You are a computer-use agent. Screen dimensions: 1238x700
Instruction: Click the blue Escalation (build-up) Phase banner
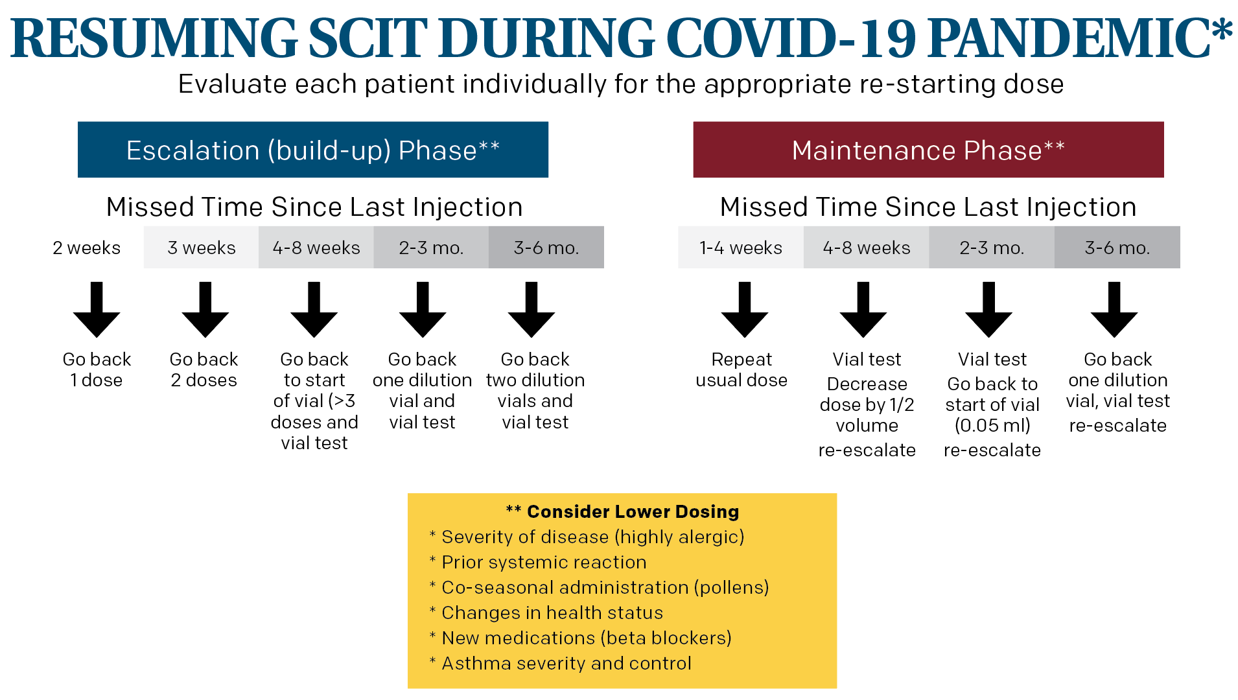pos(312,150)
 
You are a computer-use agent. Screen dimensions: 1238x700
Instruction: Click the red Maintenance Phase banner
pos(928,150)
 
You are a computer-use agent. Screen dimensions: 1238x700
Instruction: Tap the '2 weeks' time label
pos(86,248)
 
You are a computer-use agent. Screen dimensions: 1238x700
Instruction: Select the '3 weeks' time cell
pos(201,248)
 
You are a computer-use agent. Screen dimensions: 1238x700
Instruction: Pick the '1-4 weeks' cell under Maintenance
pos(741,248)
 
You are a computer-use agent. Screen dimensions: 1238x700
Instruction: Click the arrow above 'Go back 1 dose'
pos(97,310)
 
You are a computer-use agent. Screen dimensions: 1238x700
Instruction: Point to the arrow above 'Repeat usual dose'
pos(745,310)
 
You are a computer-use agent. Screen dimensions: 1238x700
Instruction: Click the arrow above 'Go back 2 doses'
pos(205,310)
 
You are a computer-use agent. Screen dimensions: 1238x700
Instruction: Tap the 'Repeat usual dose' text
pos(742,369)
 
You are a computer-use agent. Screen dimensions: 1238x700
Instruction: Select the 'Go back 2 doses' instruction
pos(204,369)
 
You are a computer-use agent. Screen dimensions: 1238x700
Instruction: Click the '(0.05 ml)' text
pos(992,425)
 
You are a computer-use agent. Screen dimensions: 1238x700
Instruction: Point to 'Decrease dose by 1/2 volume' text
pos(867,404)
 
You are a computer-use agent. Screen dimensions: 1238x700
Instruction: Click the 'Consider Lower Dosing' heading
pos(633,511)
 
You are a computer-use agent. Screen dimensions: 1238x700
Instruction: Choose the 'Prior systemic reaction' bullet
pos(544,562)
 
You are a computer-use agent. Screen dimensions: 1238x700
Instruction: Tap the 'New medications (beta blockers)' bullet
pos(587,638)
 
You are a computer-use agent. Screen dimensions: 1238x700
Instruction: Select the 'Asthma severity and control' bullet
pos(566,663)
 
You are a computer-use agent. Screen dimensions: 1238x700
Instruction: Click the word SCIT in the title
pos(368,38)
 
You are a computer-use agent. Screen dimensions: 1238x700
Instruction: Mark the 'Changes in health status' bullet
pos(552,612)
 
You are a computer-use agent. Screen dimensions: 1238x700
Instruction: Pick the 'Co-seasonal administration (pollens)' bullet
pos(605,587)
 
